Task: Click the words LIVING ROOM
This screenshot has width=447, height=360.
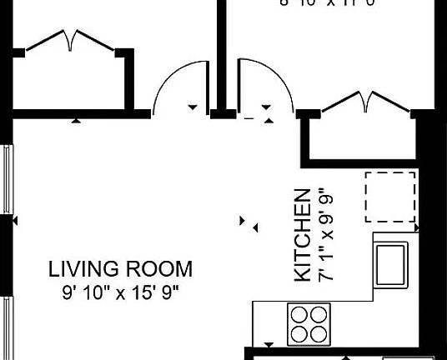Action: (120, 269)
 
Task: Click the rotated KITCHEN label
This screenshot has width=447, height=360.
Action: (303, 236)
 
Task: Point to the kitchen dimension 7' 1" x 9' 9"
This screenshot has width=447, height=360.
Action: (323, 236)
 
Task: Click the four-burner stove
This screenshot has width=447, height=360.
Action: (308, 322)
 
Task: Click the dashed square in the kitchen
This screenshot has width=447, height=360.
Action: (389, 196)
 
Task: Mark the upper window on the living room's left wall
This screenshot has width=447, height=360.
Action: (8, 178)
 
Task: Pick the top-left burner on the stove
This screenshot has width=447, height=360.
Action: (299, 314)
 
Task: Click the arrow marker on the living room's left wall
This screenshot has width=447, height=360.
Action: (14, 221)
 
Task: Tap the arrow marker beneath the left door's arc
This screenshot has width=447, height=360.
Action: (193, 107)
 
